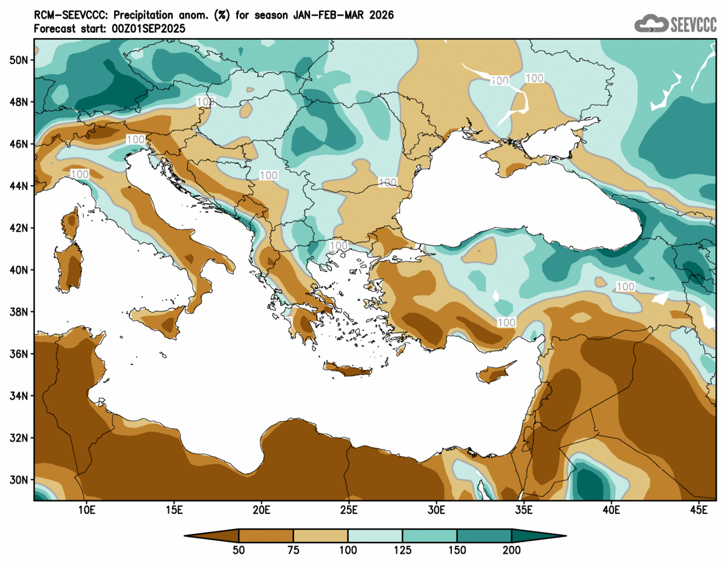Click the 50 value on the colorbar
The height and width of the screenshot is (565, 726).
coord(239,550)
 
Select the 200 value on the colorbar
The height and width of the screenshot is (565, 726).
coord(511,550)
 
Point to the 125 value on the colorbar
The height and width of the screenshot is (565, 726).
coord(402,550)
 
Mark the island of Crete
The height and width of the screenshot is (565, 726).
coord(347,371)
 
